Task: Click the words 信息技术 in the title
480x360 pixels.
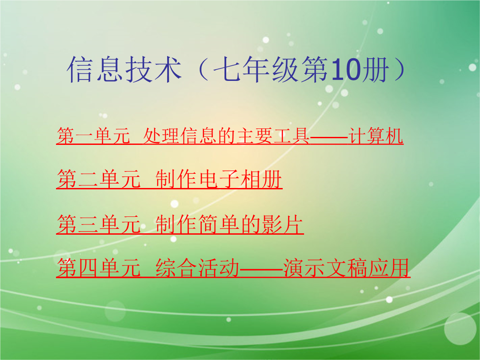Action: tap(124, 69)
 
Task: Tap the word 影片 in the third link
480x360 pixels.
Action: tap(282, 224)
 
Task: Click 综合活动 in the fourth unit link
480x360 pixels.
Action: tap(198, 268)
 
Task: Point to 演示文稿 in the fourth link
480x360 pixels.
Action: tap(325, 268)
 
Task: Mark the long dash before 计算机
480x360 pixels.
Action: tap(329, 136)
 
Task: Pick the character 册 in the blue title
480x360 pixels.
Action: tap(376, 69)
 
